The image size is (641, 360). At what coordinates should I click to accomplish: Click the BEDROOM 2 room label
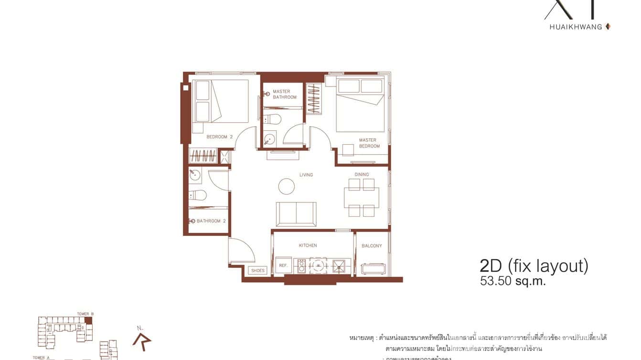click(x=220, y=137)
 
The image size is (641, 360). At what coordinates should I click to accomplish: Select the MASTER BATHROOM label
click(x=285, y=94)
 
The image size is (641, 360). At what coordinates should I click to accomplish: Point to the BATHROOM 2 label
click(x=211, y=221)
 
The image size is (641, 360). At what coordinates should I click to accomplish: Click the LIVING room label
click(x=306, y=175)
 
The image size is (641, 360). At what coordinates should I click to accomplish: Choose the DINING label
click(x=362, y=175)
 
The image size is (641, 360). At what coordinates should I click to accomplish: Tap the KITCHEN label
click(x=308, y=245)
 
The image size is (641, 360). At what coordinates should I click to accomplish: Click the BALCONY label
click(x=372, y=246)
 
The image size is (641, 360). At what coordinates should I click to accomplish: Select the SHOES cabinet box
click(x=257, y=271)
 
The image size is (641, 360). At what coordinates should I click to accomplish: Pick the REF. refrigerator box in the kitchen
click(x=283, y=265)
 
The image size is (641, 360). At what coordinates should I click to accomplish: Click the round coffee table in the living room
click(x=287, y=186)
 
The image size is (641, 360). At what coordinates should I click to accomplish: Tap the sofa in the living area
click(x=296, y=213)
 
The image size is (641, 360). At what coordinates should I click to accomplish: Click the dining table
click(x=362, y=197)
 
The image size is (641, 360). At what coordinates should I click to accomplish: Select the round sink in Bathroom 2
click(x=195, y=175)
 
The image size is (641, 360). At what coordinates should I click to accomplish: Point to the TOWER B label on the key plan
click(x=85, y=314)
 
